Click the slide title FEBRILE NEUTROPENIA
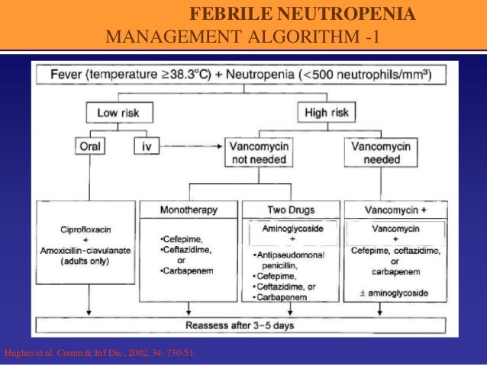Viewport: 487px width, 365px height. pos(302,15)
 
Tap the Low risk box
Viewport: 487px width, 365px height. pos(118,113)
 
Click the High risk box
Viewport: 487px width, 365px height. pos(327,113)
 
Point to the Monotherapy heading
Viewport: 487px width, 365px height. pos(189,209)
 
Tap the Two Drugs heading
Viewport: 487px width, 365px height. pos(291,209)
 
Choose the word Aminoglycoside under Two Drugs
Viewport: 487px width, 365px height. pos(291,227)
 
